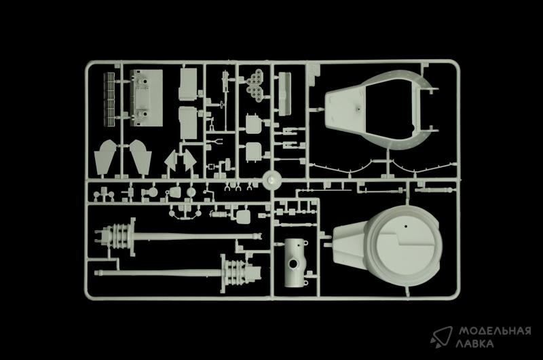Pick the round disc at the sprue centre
point(271,181)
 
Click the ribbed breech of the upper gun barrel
point(116,238)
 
